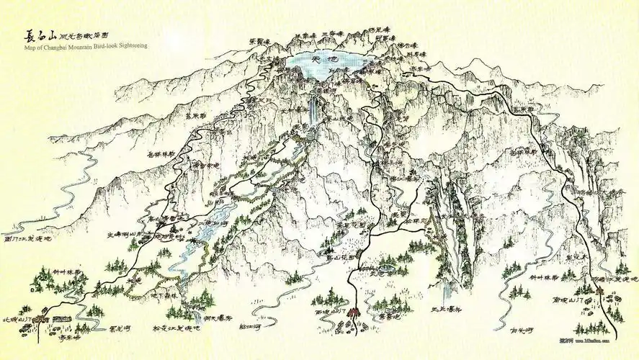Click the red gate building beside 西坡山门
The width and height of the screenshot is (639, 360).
(352, 318)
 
